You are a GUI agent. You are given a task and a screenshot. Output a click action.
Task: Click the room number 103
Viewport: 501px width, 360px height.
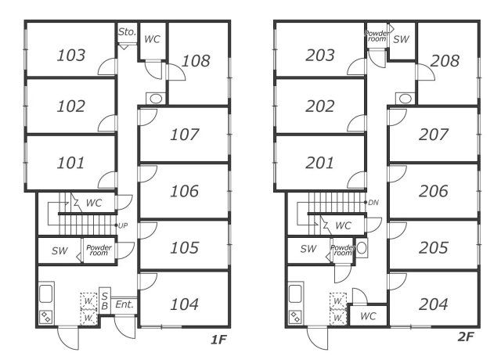point(71,55)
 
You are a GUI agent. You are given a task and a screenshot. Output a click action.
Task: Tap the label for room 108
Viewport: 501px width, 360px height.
point(196,61)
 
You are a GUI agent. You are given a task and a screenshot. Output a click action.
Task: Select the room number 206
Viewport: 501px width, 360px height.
point(433,191)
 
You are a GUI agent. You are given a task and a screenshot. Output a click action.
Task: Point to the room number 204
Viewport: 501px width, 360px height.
point(433,304)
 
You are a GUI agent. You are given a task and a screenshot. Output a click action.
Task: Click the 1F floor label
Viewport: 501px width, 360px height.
point(218,340)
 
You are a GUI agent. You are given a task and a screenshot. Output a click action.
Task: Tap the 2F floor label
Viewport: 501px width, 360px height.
point(466,337)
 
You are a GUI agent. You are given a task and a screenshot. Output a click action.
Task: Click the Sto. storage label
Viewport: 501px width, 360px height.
point(127,31)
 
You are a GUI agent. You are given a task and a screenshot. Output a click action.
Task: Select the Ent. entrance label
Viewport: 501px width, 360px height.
point(124,304)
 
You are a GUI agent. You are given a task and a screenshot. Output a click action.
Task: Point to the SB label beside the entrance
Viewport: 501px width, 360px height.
point(104,301)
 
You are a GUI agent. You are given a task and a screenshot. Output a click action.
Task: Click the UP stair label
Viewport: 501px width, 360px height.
point(123,225)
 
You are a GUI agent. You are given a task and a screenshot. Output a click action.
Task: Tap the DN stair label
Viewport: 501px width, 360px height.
point(373,203)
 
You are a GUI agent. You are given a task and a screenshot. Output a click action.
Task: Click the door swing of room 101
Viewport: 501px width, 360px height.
point(107,180)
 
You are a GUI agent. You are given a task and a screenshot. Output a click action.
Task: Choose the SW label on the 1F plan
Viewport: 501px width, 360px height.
point(59,250)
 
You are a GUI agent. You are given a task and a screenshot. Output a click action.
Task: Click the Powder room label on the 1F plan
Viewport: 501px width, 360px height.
point(99,250)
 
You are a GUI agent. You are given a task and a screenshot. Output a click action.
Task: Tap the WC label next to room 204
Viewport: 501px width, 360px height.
point(368,316)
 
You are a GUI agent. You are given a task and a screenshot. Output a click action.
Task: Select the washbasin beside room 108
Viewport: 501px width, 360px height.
point(156,99)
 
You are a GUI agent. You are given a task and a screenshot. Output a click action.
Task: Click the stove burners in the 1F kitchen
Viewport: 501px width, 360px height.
point(46,317)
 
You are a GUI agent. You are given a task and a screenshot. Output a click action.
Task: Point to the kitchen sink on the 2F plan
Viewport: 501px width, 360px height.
point(295,293)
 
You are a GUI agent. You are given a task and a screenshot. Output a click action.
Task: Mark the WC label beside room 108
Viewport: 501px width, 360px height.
point(152,39)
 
